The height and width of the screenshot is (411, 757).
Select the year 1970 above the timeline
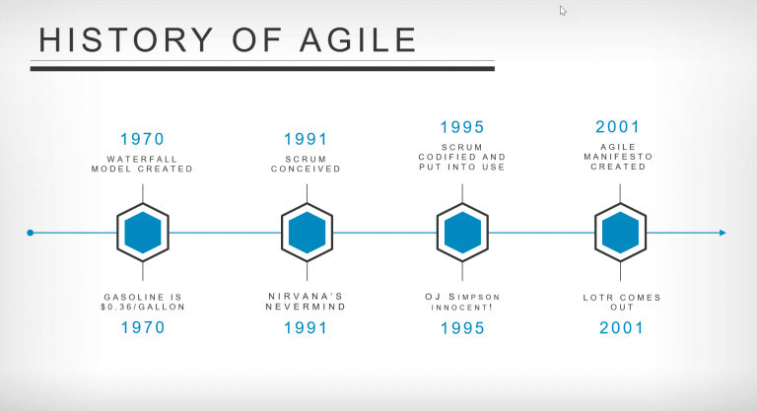pyautogui.click(x=142, y=140)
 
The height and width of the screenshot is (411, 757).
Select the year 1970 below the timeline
pyautogui.click(x=142, y=327)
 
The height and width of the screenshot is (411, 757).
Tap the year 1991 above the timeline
pyautogui.click(x=306, y=140)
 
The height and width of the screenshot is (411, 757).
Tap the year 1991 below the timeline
pyautogui.click(x=306, y=327)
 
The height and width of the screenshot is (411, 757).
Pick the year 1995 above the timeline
pyautogui.click(x=461, y=128)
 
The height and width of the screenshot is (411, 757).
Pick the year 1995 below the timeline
pyautogui.click(x=461, y=327)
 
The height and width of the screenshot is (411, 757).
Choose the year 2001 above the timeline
pyautogui.click(x=618, y=127)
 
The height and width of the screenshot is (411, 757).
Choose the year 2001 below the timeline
pyautogui.click(x=621, y=327)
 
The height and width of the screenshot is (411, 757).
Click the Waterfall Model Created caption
pyautogui.click(x=142, y=164)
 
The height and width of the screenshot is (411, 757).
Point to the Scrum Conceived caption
pyautogui.click(x=306, y=164)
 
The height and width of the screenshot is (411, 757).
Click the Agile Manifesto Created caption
pyautogui.click(x=618, y=157)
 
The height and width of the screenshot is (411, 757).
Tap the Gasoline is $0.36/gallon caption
pyautogui.click(x=144, y=302)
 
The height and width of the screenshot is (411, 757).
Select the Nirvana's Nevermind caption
pyautogui.click(x=306, y=302)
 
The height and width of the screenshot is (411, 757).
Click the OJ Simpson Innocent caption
pyautogui.click(x=461, y=302)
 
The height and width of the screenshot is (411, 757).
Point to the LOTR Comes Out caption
pyautogui.click(x=621, y=302)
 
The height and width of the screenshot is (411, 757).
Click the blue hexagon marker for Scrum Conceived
pyautogui.click(x=306, y=233)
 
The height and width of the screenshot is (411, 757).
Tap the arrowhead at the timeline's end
pyautogui.click(x=723, y=233)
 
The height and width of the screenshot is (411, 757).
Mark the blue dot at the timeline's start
pyautogui.click(x=31, y=233)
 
